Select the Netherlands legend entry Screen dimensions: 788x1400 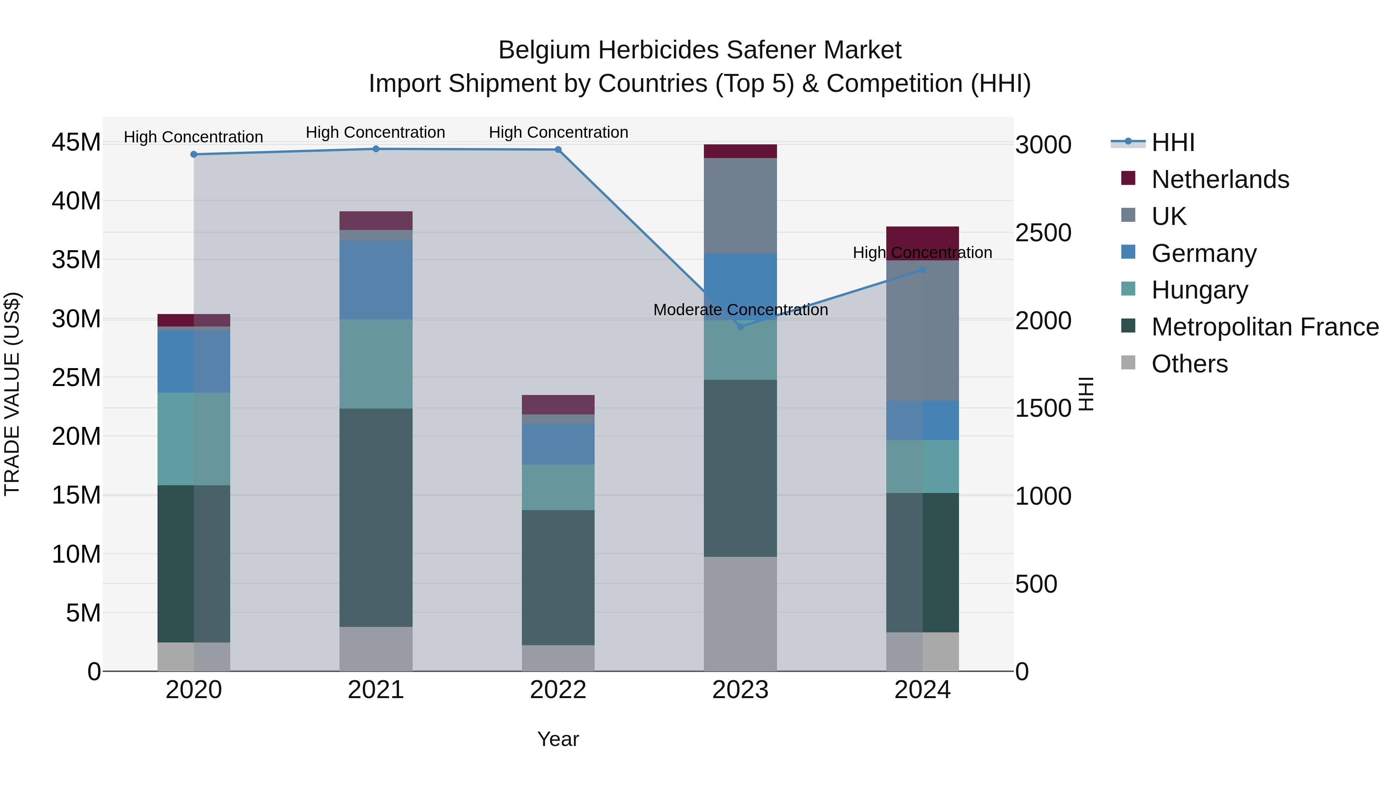pos(1220,179)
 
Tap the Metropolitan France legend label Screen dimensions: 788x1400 pos(1265,327)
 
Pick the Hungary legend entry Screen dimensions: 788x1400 pos(1199,290)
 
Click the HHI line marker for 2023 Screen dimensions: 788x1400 pos(740,326)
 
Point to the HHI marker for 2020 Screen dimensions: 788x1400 pos(194,154)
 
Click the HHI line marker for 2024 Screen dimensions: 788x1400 pos(922,270)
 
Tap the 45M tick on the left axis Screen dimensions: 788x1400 pos(76,142)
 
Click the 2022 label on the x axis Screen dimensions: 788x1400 pos(558,690)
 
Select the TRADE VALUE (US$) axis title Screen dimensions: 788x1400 pos(12,394)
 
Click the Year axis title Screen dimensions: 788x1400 pos(558,739)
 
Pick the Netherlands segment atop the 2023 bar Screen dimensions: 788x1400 pos(740,151)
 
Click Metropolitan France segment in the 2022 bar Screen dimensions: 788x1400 pos(558,577)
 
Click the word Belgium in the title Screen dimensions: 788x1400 pos(544,50)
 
